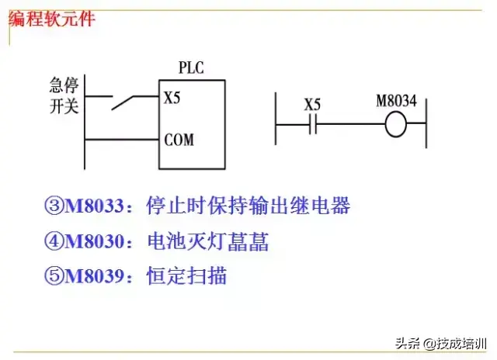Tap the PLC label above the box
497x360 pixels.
(x=192, y=68)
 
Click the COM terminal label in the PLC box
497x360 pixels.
(x=179, y=140)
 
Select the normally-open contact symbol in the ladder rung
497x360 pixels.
(x=312, y=124)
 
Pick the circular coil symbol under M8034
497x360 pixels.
(x=396, y=124)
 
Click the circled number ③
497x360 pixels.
(x=54, y=207)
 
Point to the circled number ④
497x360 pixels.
(x=54, y=242)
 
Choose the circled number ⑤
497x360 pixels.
(x=54, y=275)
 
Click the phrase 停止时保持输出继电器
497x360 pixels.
(x=248, y=207)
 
